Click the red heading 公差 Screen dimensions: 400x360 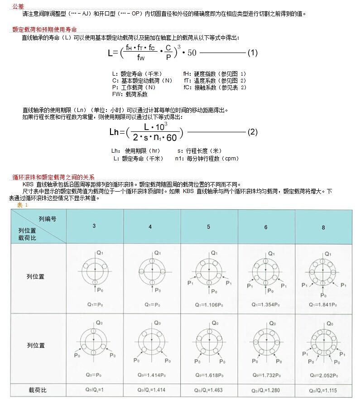(18, 6)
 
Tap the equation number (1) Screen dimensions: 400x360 (252, 53)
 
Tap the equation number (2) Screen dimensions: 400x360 (252, 132)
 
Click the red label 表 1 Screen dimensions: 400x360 (23, 205)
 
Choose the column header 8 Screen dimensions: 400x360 (323, 227)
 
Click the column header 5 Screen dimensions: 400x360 (209, 226)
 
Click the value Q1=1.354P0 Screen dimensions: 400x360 (267, 305)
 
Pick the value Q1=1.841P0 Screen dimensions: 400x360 (324, 305)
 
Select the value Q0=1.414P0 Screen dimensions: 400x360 (152, 375)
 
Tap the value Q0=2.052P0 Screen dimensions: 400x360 (324, 375)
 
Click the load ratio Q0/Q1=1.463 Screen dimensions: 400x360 (209, 390)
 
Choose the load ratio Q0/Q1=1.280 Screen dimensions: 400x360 (267, 390)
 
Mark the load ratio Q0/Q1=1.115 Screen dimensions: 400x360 (324, 390)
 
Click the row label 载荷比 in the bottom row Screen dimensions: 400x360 (38, 390)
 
